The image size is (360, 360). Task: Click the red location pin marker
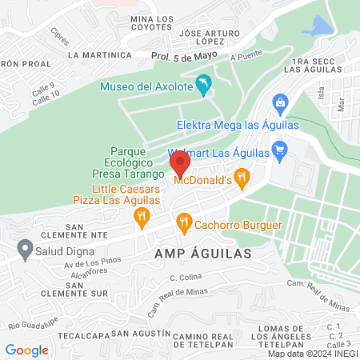[180, 164]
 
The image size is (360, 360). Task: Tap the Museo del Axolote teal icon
[205, 86]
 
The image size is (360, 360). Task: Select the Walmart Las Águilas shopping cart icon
[279, 150]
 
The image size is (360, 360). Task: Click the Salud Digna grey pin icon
[24, 248]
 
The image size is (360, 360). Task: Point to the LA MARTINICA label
[99, 54]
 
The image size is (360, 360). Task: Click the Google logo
[26, 350]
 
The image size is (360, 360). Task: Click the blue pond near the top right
[315, 28]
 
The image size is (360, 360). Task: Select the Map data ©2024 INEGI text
[311, 354]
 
